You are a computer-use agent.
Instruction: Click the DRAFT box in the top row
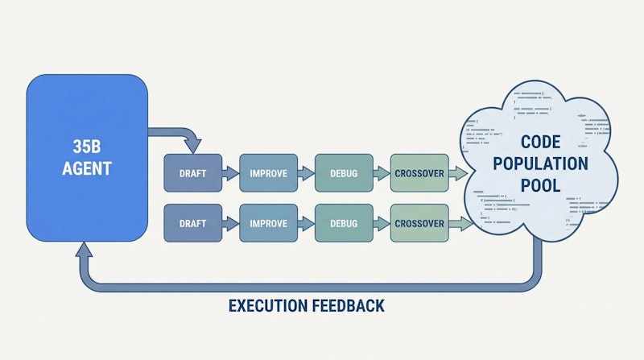(193, 173)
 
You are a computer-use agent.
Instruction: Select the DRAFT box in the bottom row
(193, 223)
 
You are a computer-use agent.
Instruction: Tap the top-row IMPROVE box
(269, 173)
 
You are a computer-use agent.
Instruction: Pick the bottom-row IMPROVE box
(269, 223)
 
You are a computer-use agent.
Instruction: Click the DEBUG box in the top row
(345, 173)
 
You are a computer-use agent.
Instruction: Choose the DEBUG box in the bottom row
(345, 223)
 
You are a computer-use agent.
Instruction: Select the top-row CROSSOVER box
(419, 173)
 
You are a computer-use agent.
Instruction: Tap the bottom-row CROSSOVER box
(419, 223)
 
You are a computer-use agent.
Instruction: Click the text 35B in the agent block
(87, 147)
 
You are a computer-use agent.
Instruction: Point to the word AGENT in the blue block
(87, 168)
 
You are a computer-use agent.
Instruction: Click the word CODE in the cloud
(540, 143)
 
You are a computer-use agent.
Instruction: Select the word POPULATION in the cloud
(540, 163)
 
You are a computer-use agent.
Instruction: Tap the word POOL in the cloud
(540, 185)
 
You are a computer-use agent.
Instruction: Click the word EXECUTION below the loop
(268, 306)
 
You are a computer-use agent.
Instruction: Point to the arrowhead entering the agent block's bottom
(84, 250)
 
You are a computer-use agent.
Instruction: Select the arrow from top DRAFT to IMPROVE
(230, 173)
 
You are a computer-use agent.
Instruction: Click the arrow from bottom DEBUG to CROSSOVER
(382, 224)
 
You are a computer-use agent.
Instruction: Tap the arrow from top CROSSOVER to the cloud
(458, 173)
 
